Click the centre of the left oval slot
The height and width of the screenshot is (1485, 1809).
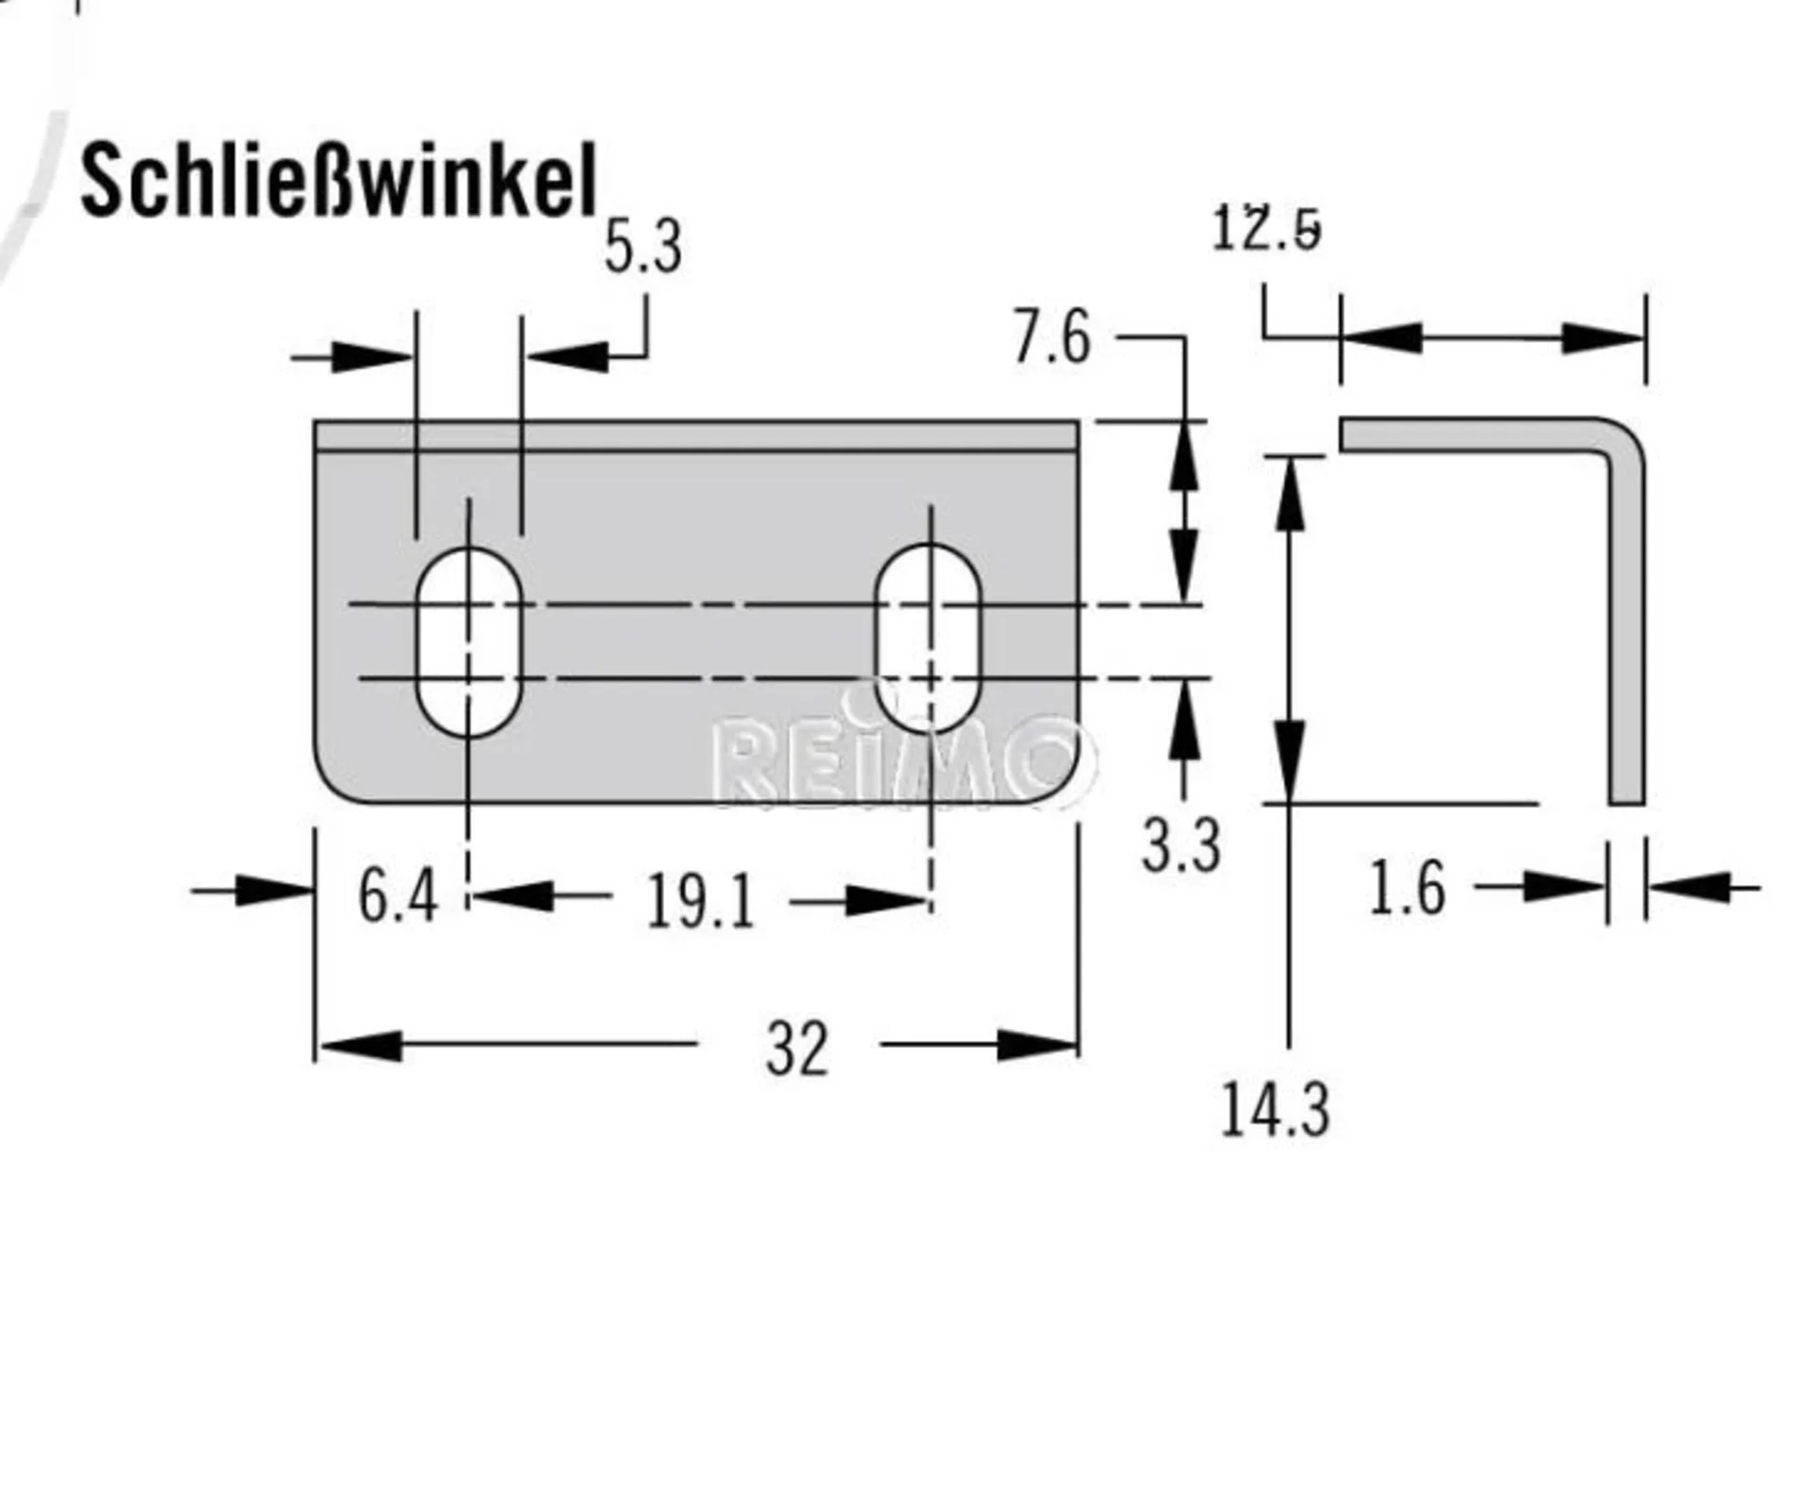point(468,642)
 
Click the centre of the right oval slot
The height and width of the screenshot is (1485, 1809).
point(929,638)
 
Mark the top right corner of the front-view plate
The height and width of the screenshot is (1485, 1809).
point(1079,421)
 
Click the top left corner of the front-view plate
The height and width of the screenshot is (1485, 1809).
point(315,421)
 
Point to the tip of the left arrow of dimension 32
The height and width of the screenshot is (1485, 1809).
point(318,1045)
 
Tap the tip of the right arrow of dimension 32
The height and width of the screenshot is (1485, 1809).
point(1078,1045)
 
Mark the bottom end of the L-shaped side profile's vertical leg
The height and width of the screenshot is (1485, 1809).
point(1626,803)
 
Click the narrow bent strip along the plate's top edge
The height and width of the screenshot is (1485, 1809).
point(696,436)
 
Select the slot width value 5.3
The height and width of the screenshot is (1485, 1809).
point(643,248)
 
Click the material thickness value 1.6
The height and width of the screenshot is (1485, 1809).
point(1406,889)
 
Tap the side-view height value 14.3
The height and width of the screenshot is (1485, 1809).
point(1275,1110)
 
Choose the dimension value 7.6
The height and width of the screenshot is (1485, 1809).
point(1051,337)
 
